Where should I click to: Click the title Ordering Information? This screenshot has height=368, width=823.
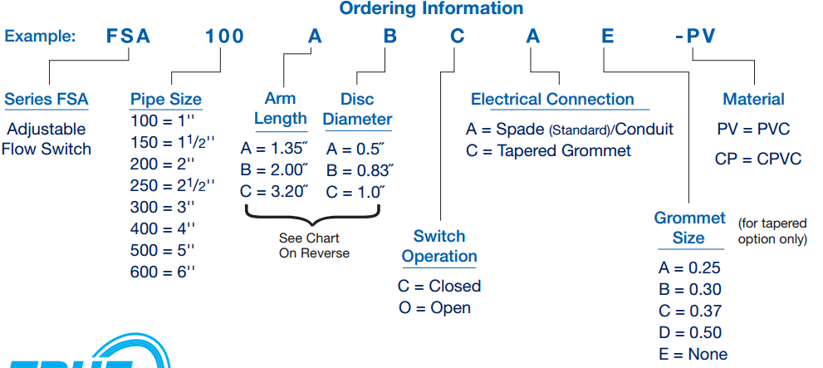[x=419, y=9]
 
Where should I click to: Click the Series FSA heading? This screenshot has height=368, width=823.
[x=47, y=100]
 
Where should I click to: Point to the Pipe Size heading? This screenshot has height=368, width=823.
[x=166, y=100]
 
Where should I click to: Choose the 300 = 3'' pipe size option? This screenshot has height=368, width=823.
[x=162, y=207]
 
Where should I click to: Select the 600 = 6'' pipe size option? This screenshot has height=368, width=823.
[x=162, y=272]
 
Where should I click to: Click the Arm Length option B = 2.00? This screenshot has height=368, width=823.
[x=274, y=170]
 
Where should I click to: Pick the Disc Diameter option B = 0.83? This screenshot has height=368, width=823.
[x=360, y=170]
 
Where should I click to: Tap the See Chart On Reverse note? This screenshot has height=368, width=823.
[x=314, y=245]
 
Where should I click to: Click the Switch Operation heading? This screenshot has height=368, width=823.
[x=439, y=246]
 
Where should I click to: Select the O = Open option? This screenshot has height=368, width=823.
[x=434, y=307]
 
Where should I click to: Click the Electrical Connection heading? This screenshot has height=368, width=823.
[x=552, y=100]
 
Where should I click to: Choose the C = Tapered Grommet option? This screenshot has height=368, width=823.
[x=548, y=150]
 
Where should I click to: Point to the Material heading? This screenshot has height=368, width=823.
[x=753, y=100]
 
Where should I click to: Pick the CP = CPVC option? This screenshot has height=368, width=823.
[x=757, y=158]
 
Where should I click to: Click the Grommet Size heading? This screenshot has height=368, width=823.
[x=689, y=228]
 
